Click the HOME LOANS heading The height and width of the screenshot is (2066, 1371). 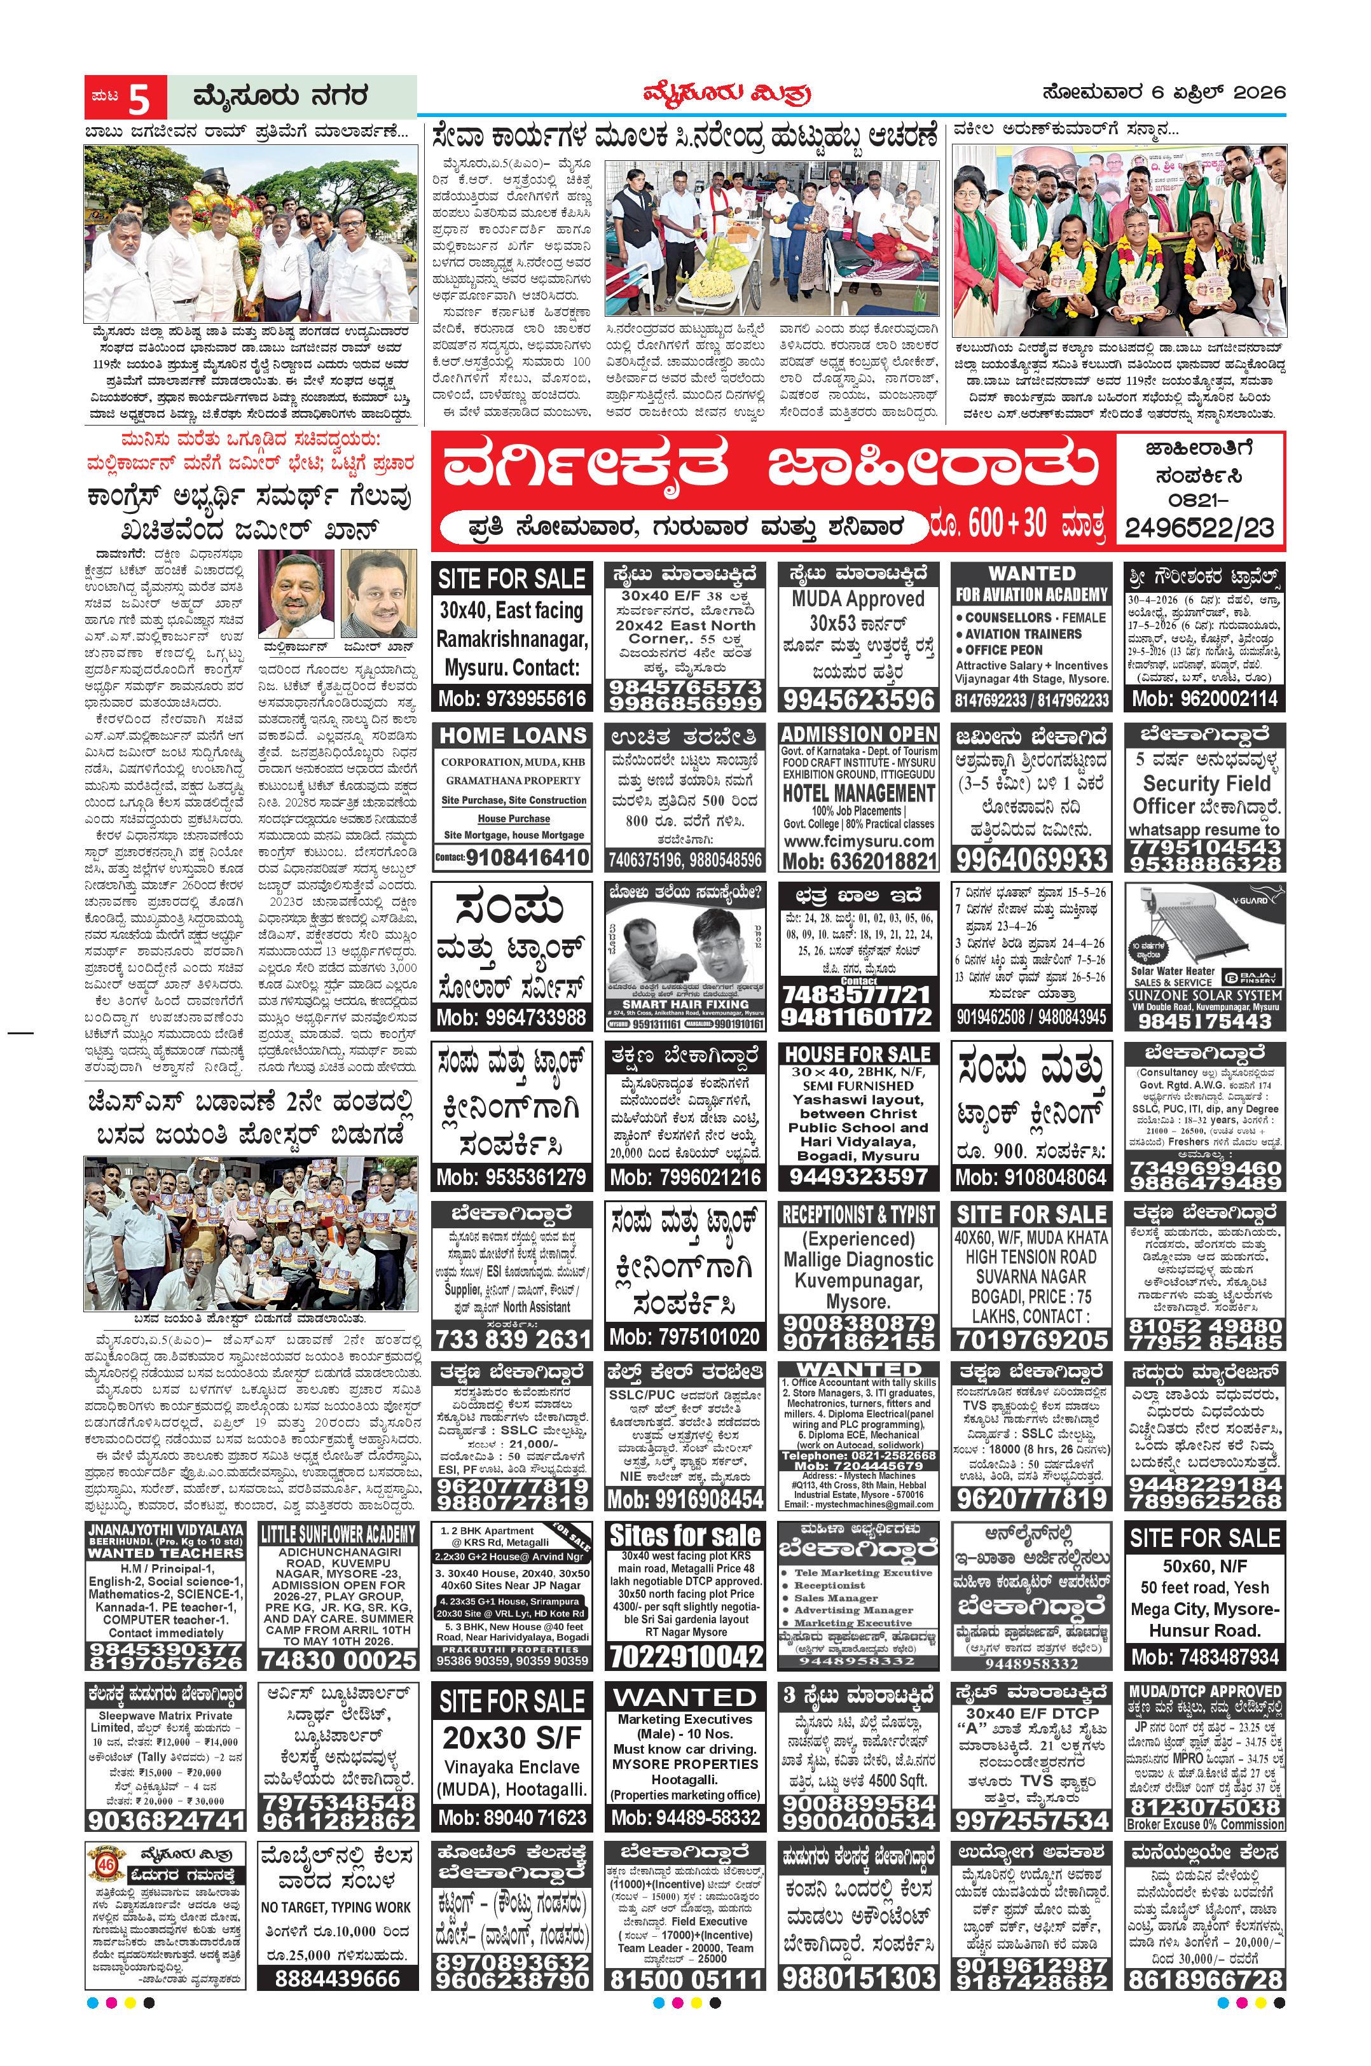click(x=513, y=735)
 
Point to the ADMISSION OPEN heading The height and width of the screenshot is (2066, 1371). click(x=858, y=734)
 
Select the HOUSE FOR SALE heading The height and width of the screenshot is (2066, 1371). click(x=858, y=1054)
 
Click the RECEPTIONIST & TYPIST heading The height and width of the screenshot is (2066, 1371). click(x=858, y=1214)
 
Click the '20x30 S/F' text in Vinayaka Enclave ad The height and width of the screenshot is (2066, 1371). click(x=511, y=1737)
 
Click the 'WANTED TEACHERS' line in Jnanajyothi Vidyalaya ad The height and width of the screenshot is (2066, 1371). click(x=165, y=1553)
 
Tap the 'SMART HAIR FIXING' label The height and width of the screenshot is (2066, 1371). click(x=685, y=1005)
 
